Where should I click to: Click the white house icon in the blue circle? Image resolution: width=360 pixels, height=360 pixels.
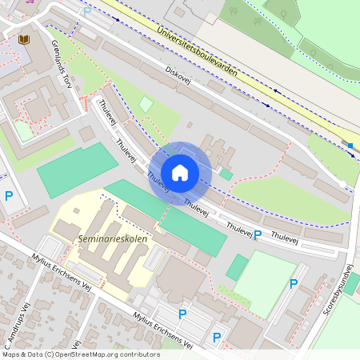180,173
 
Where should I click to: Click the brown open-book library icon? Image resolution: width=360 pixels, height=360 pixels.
24,38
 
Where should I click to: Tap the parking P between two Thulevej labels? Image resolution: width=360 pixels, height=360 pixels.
258,234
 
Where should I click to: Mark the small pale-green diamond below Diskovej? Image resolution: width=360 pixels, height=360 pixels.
146,103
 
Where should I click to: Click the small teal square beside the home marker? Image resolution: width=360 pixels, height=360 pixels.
226,174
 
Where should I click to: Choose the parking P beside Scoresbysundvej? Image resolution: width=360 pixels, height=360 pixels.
294,283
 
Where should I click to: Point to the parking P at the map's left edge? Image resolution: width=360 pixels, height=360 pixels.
9,196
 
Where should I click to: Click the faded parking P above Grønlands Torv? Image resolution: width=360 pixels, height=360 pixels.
86,11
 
